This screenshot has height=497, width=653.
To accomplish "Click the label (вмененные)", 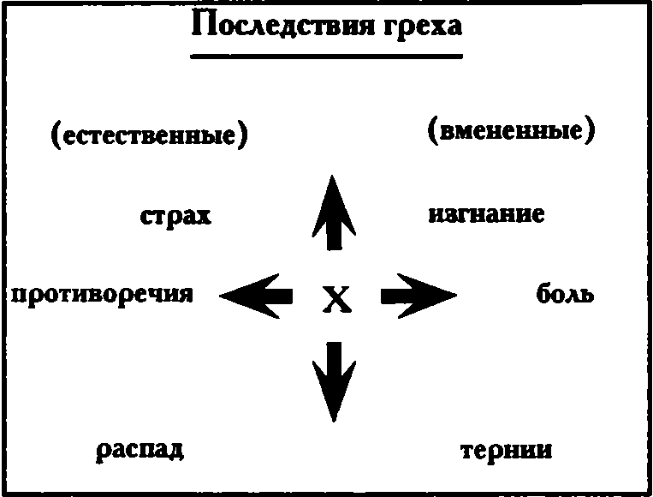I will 509,132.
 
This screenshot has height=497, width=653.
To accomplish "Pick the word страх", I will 175,215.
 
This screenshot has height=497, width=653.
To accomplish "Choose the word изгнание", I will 485,213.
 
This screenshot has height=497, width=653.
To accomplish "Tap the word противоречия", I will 101,295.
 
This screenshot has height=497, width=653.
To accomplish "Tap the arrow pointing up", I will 332,213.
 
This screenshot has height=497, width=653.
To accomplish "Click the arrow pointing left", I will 256,296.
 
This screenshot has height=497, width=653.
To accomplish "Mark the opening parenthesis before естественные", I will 56,135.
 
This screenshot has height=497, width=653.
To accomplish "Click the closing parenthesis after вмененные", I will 589,132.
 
